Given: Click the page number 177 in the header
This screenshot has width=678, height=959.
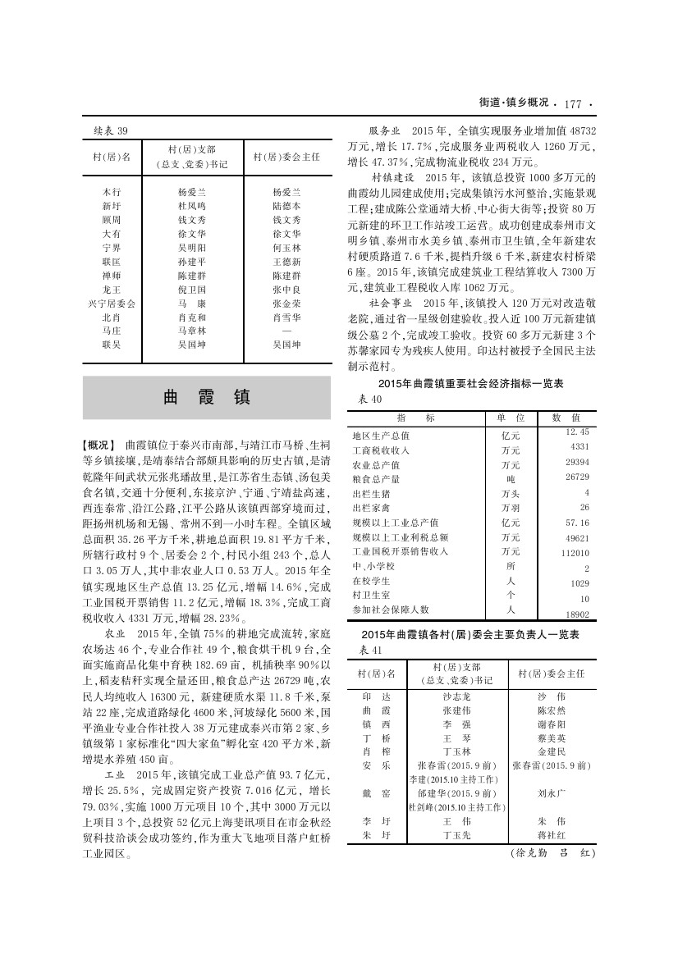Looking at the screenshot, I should (572, 104).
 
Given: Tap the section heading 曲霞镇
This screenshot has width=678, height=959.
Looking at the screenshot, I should (206, 397).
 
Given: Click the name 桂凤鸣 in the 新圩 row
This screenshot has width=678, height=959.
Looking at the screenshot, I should (191, 206).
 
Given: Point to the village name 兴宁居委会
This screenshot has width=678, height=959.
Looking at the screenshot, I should (112, 303).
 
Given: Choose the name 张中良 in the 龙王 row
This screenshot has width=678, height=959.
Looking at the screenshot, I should (286, 289).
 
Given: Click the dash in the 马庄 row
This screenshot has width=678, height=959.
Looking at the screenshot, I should (286, 331).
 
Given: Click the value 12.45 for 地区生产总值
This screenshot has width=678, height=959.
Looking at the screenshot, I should (577, 431).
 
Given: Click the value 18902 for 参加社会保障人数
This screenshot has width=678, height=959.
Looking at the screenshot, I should (577, 614).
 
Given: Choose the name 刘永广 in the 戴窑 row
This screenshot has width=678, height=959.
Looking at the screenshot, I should (551, 793).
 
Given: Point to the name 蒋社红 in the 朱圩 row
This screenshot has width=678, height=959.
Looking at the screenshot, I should (551, 835).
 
